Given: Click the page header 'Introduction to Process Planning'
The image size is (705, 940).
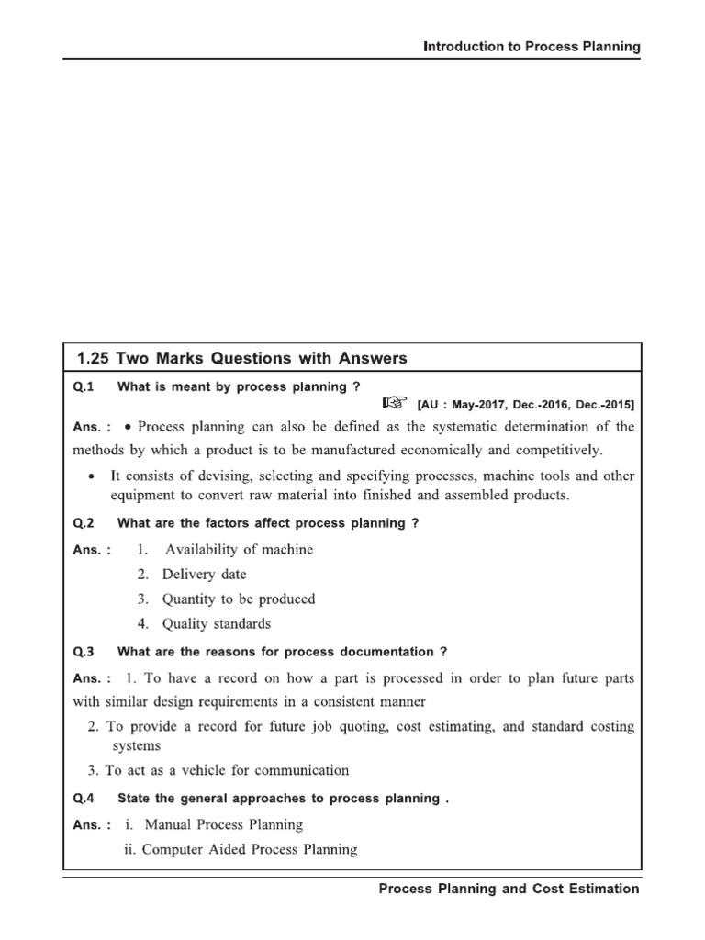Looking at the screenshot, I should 532,47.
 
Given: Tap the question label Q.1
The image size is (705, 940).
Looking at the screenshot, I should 84,386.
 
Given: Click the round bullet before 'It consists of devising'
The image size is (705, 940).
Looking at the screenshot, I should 90,476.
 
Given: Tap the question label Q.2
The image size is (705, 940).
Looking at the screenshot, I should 84,523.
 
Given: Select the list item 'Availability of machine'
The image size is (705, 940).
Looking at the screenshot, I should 238,550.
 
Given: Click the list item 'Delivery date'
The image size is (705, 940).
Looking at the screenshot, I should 204,575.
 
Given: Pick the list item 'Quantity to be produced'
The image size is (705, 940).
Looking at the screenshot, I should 238,599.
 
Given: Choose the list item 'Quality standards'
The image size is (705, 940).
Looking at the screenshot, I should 216,624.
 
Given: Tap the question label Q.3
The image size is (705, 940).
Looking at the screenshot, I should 84,652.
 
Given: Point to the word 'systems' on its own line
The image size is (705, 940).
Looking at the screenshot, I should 136,746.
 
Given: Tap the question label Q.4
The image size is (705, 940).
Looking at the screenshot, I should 84,799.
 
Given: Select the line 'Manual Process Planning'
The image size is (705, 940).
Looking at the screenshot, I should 223,825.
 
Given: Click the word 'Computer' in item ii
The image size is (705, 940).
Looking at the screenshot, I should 172,850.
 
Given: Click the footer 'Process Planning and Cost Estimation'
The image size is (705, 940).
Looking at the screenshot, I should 509,889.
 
